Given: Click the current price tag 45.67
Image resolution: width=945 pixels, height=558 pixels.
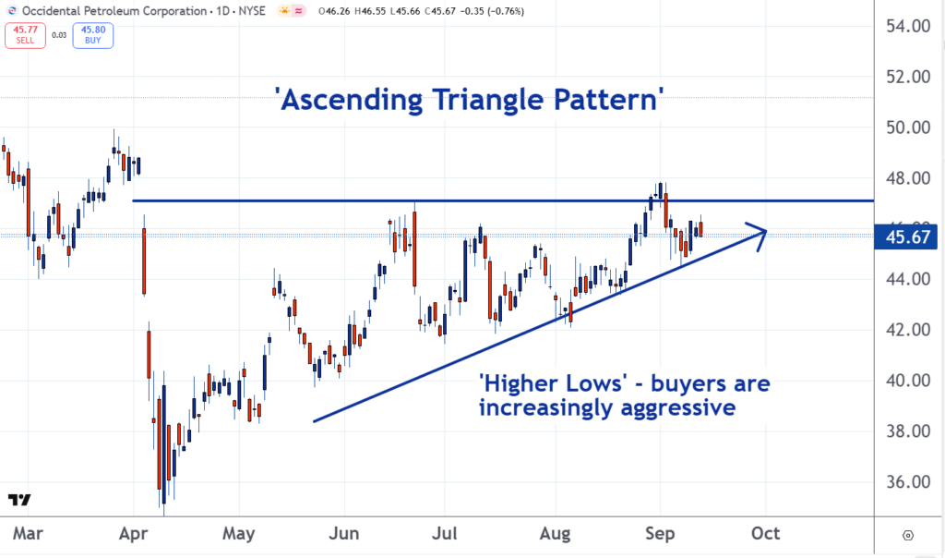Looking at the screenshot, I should pos(908,237).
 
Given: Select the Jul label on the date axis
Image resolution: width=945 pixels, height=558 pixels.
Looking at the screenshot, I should pos(444,534).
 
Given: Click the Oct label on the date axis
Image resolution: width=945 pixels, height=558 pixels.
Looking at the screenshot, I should pos(766,534).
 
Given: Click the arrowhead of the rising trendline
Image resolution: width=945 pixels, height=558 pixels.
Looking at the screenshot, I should pos(760,232).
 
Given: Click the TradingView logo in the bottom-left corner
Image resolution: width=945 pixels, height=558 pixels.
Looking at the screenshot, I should pos(18,500).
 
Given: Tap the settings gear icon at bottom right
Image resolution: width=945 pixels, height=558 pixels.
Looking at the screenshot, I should pos(908,535).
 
